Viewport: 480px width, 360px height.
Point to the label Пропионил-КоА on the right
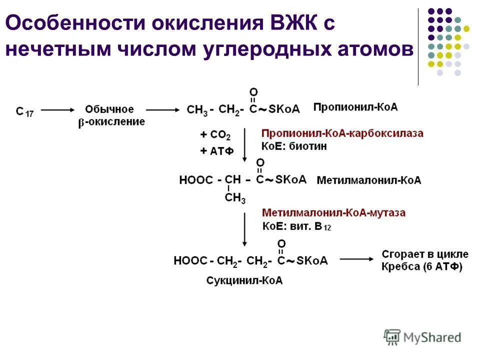355,107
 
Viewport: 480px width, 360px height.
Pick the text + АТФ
216,151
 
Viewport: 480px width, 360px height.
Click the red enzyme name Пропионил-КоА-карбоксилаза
342,133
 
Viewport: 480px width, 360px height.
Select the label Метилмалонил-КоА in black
369,180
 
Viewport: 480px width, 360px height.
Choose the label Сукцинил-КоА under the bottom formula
244,280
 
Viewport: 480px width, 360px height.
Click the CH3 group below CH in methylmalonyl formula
235,198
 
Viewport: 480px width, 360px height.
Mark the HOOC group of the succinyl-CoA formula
190,260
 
